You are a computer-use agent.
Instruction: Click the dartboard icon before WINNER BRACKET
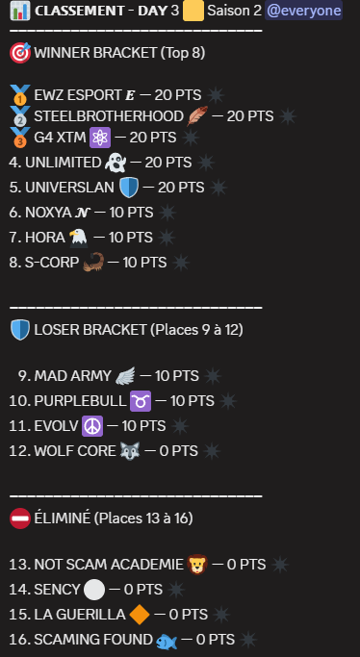(x=19, y=52)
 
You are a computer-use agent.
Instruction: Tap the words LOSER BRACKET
(x=89, y=330)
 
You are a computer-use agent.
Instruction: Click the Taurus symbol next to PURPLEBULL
(x=141, y=399)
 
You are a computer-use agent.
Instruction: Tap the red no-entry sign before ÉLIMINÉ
(x=19, y=518)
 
